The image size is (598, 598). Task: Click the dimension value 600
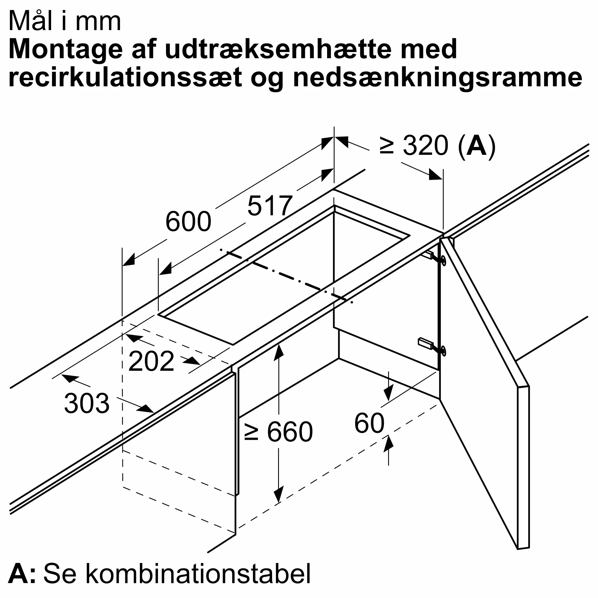[x=188, y=222]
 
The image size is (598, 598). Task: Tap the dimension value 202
[x=151, y=361]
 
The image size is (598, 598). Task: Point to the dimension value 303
[x=87, y=403]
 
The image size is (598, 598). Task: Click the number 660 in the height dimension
[x=290, y=432]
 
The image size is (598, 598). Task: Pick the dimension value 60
[x=369, y=423]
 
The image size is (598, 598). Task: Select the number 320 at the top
[x=425, y=145]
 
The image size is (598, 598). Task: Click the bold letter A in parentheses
[x=476, y=145]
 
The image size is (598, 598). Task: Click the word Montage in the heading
[x=65, y=50]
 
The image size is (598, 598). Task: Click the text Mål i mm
[x=65, y=21]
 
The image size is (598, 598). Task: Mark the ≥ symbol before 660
[x=251, y=432]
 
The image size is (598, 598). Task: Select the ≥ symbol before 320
[x=387, y=146]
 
